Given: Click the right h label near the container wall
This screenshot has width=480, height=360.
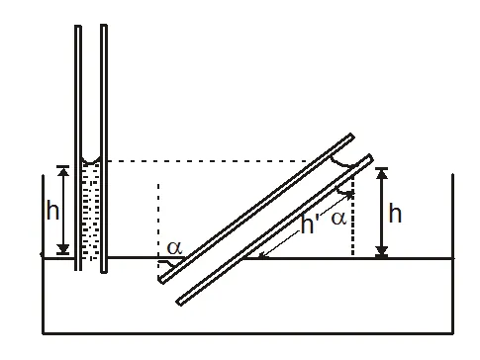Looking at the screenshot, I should pyautogui.click(x=395, y=214).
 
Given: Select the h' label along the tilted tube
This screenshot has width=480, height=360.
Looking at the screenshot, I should pyautogui.click(x=310, y=225).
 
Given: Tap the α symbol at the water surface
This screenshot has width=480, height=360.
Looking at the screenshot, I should pyautogui.click(x=174, y=248).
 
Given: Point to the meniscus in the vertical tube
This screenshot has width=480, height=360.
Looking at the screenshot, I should pyautogui.click(x=91, y=161).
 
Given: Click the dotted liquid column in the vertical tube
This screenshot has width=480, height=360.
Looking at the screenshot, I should pyautogui.click(x=91, y=213).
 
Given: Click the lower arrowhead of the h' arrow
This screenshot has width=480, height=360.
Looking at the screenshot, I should pyautogui.click(x=261, y=255).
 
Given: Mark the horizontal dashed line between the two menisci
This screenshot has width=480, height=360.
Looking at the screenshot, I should pyautogui.click(x=218, y=160).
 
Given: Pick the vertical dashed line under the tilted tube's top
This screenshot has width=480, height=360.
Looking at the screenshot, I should pyautogui.click(x=352, y=223).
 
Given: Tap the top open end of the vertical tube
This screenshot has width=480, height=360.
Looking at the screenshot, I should pyautogui.click(x=91, y=27).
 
